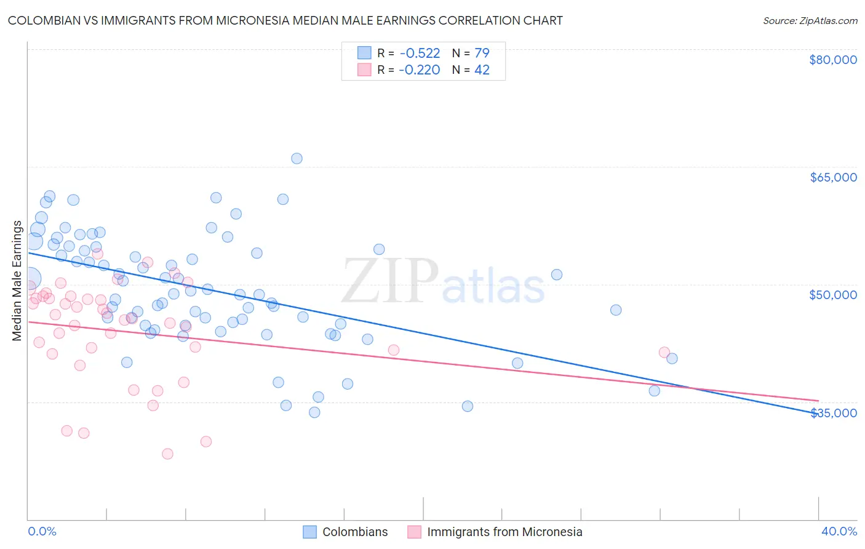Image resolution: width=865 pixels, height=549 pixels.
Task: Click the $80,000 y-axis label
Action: click(x=832, y=60)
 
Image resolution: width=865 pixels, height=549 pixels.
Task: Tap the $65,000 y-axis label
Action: click(x=832, y=177)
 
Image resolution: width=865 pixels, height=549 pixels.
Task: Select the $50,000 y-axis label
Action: click(x=832, y=295)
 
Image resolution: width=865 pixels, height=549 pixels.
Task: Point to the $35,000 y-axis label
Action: click(x=834, y=412)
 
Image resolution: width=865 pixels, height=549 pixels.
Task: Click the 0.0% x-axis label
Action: click(x=42, y=531)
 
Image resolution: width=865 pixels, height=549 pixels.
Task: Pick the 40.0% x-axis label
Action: click(x=839, y=531)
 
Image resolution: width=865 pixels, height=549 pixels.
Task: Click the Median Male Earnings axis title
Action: click(x=17, y=281)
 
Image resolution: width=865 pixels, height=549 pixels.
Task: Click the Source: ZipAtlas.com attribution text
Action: click(x=810, y=20)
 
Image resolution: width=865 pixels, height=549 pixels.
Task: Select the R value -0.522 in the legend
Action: click(x=419, y=53)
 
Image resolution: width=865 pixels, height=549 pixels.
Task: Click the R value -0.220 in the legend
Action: click(x=419, y=70)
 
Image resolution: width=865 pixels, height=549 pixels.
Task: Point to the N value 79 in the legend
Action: click(x=482, y=53)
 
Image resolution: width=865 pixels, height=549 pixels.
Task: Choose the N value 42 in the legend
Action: click(x=482, y=70)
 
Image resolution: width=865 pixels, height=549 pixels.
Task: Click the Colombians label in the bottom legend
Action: click(x=355, y=532)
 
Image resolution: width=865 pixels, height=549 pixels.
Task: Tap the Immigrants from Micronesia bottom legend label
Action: click(x=504, y=532)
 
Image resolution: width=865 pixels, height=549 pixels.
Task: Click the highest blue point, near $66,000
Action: click(x=297, y=158)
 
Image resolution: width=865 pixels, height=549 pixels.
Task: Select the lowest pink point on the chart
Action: click(x=167, y=454)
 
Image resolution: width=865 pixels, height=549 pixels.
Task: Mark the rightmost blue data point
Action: click(x=672, y=358)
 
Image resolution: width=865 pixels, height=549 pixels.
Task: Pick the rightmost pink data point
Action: click(x=664, y=352)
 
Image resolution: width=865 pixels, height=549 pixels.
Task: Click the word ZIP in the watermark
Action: click(x=389, y=281)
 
